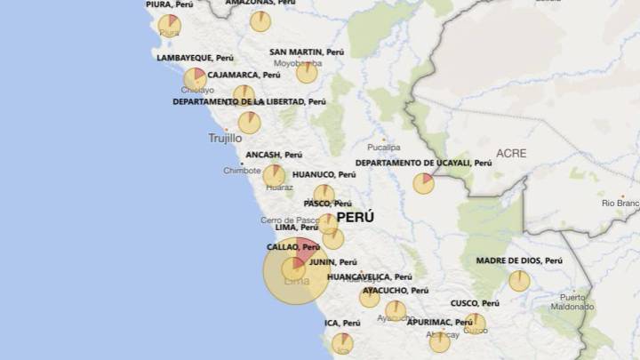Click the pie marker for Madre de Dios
[519, 281]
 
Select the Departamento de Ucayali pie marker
[424, 183]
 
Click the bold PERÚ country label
[355, 217]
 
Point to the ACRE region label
[511, 153]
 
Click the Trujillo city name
[225, 138]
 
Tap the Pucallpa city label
[384, 147]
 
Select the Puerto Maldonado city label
[572, 302]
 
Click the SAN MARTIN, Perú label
[307, 52]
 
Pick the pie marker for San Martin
[307, 73]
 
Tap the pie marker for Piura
[169, 24]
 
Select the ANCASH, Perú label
[274, 155]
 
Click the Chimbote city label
[242, 170]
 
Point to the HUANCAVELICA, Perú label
[369, 277]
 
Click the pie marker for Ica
[342, 343]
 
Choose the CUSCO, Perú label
[475, 303]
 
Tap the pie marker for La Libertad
[250, 123]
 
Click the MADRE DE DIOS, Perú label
[519, 260]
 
